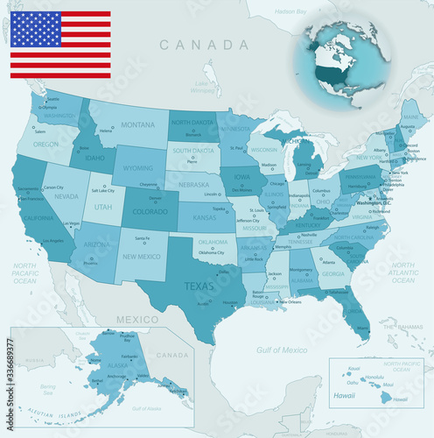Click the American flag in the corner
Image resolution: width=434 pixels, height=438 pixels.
point(60,45)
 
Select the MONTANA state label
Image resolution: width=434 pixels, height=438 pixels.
point(137,125)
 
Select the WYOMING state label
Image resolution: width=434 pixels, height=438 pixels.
point(137,167)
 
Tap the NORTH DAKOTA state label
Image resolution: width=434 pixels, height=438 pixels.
point(192,123)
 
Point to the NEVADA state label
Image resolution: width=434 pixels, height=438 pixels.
point(67,197)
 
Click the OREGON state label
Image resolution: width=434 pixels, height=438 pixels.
point(45,145)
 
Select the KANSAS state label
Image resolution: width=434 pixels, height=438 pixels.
point(204,216)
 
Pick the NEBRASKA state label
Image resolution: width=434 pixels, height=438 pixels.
point(192,186)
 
